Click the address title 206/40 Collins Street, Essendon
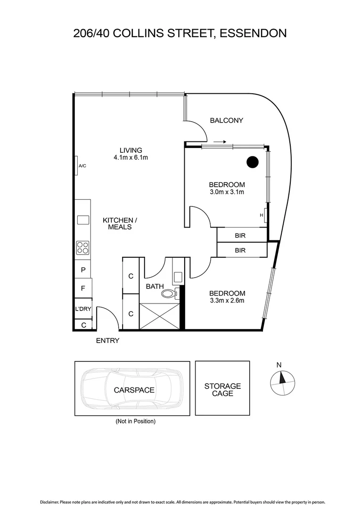[180, 33]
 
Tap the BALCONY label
[227, 120]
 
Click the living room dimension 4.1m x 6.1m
[131, 157]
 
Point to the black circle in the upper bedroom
[253, 162]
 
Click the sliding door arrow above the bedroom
[220, 141]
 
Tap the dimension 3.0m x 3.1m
[227, 192]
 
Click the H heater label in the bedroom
[262, 215]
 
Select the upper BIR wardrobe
[240, 235]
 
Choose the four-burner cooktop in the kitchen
[83, 248]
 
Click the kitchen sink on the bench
[83, 220]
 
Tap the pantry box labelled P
[83, 270]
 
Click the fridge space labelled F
[83, 288]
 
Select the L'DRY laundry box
[83, 309]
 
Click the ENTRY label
[107, 341]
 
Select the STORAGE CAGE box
[222, 389]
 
